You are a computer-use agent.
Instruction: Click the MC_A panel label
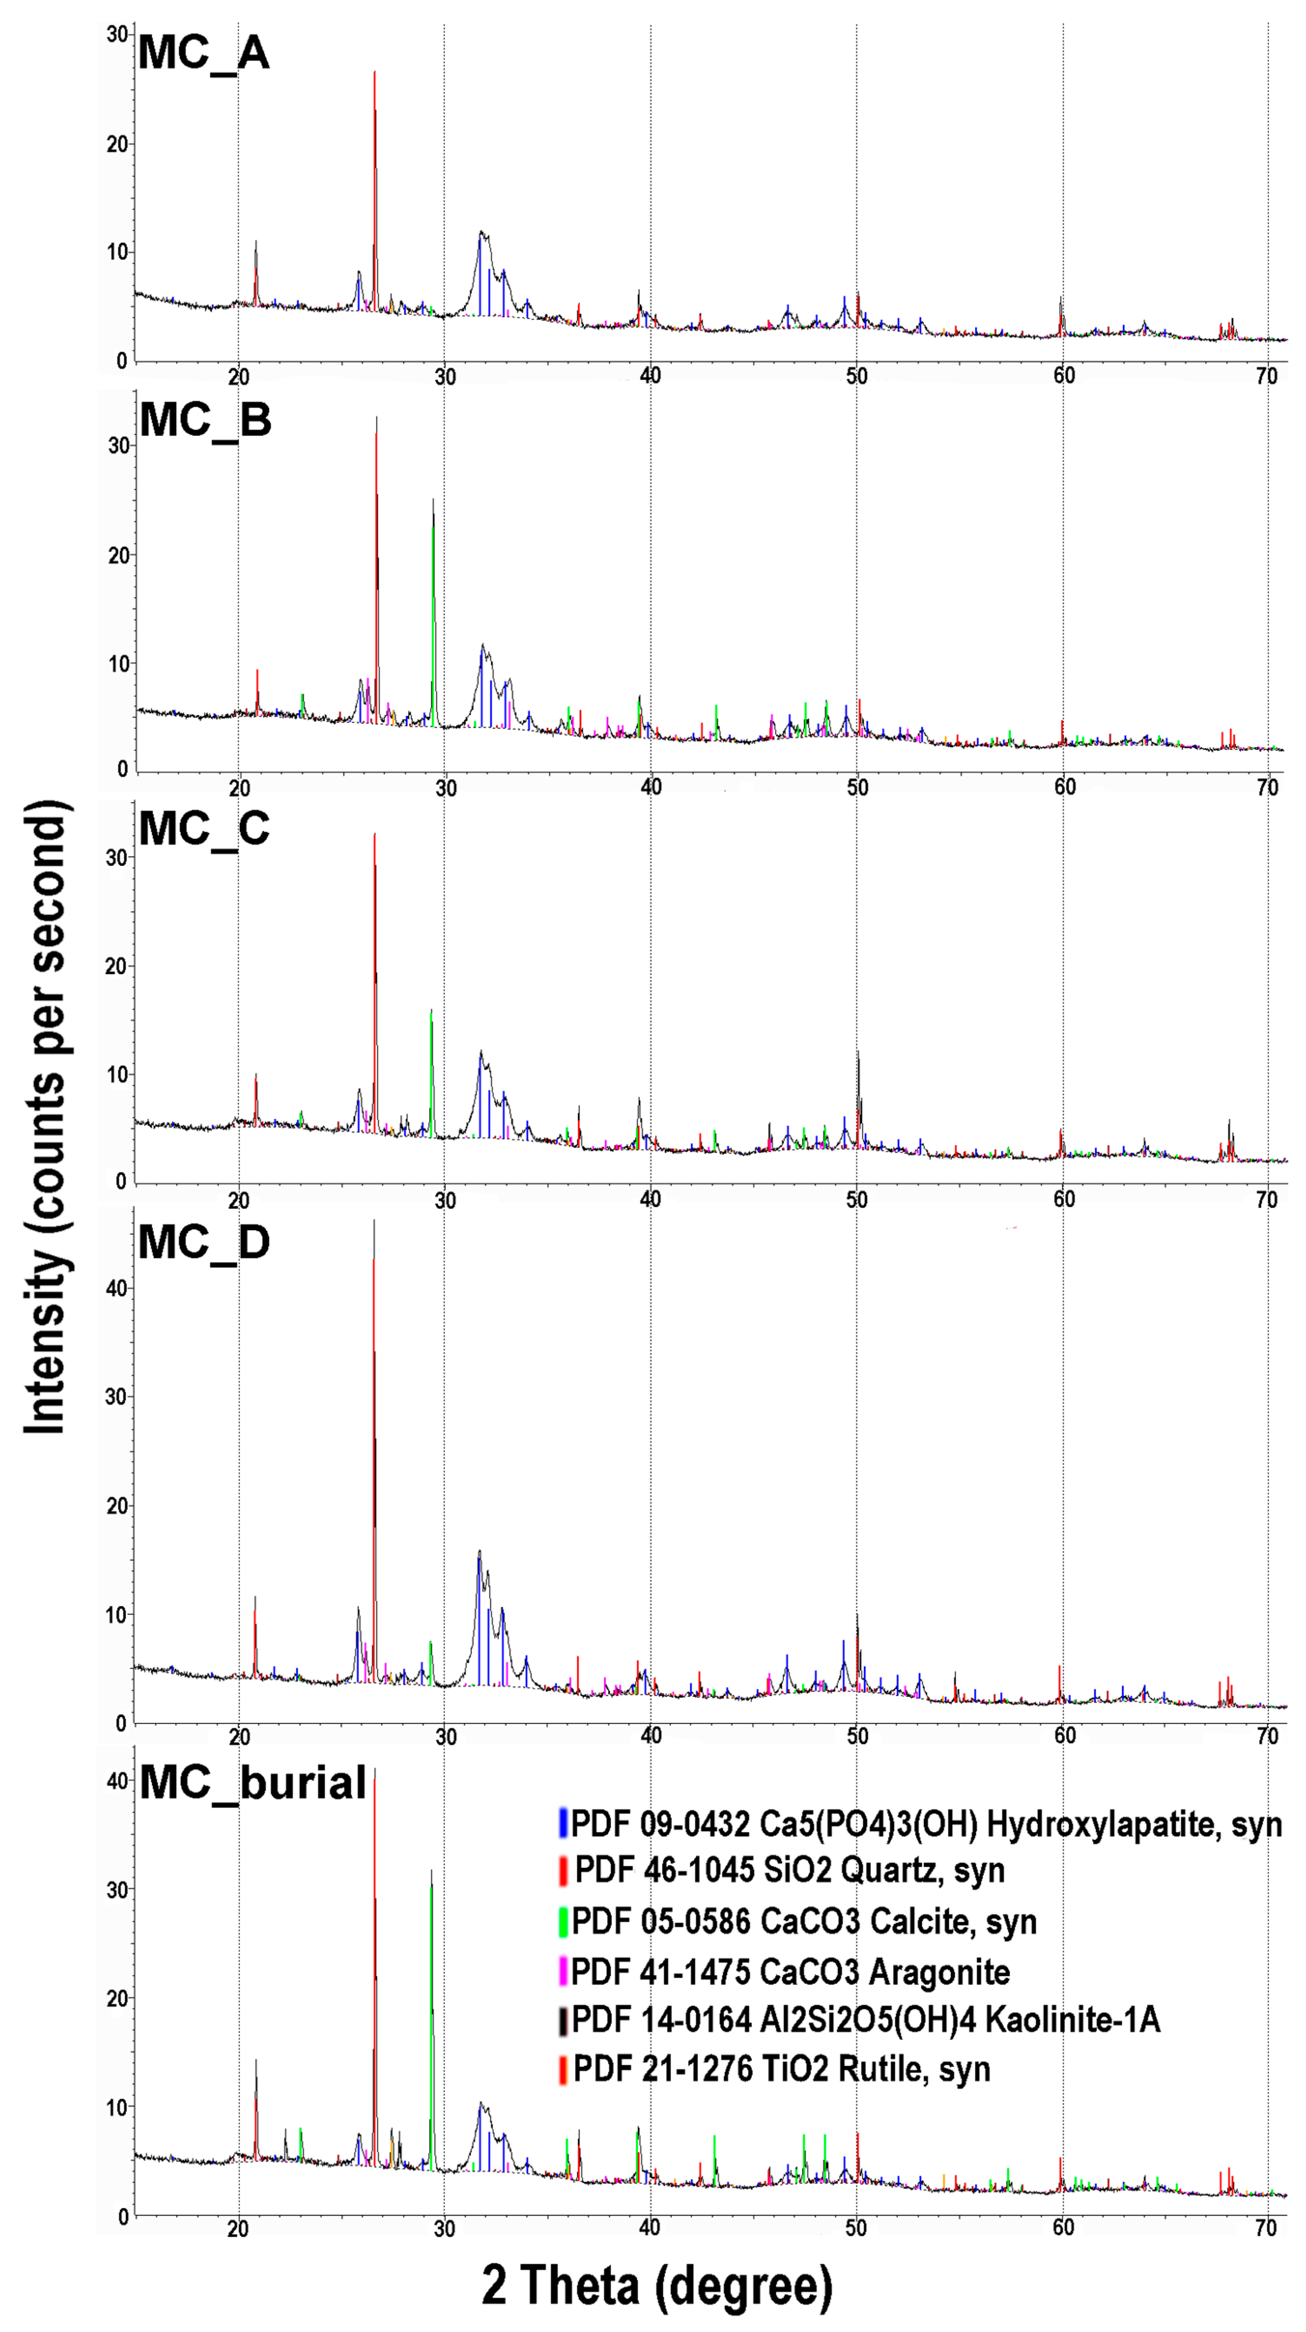pyautogui.click(x=204, y=53)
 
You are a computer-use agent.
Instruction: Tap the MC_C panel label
pyautogui.click(x=205, y=828)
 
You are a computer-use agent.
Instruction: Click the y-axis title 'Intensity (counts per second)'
pyautogui.click(x=45, y=1118)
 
